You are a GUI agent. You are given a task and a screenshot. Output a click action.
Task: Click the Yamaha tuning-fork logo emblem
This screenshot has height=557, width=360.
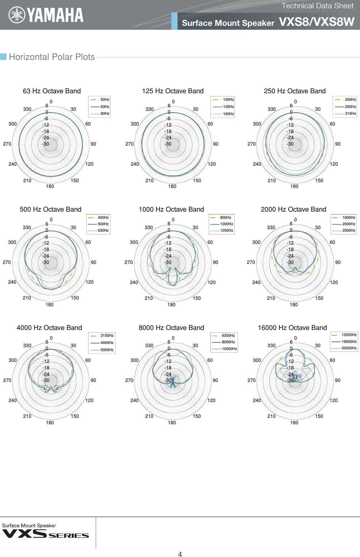pos(17,15)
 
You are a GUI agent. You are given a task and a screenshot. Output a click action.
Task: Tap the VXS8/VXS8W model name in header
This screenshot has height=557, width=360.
pos(316,22)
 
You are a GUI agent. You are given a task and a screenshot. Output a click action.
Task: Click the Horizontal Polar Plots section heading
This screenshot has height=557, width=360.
pos(52,57)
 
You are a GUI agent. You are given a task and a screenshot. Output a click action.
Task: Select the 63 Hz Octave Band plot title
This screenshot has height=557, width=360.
pos(52,91)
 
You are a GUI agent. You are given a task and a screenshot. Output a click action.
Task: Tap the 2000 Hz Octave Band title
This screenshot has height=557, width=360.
pos(293,209)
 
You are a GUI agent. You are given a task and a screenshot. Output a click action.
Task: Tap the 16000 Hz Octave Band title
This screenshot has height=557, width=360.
pos(292,328)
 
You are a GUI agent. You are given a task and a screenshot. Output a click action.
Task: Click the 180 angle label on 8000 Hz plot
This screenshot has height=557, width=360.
pos(172,423)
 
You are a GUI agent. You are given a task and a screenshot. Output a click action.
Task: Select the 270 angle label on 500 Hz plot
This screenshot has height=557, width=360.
pos(7,263)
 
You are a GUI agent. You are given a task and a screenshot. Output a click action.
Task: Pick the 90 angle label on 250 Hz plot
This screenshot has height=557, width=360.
pos(338,144)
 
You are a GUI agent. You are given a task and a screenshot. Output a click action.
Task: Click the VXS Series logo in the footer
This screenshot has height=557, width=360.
pos(46,534)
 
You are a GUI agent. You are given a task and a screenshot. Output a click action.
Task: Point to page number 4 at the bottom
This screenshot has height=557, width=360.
pos(180,554)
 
